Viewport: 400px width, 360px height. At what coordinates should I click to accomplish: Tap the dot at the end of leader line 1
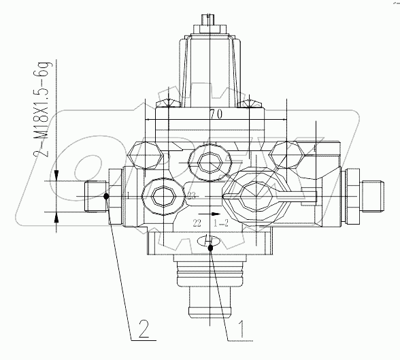click(x=212, y=248)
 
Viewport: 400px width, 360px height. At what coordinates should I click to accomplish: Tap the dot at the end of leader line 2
click(x=107, y=197)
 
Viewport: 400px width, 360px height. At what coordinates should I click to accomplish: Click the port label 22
click(x=197, y=223)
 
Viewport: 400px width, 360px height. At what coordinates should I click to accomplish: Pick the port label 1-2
click(x=221, y=223)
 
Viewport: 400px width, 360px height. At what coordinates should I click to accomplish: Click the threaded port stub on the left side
click(x=95, y=197)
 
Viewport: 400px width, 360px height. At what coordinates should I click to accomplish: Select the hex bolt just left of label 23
click(x=163, y=196)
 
